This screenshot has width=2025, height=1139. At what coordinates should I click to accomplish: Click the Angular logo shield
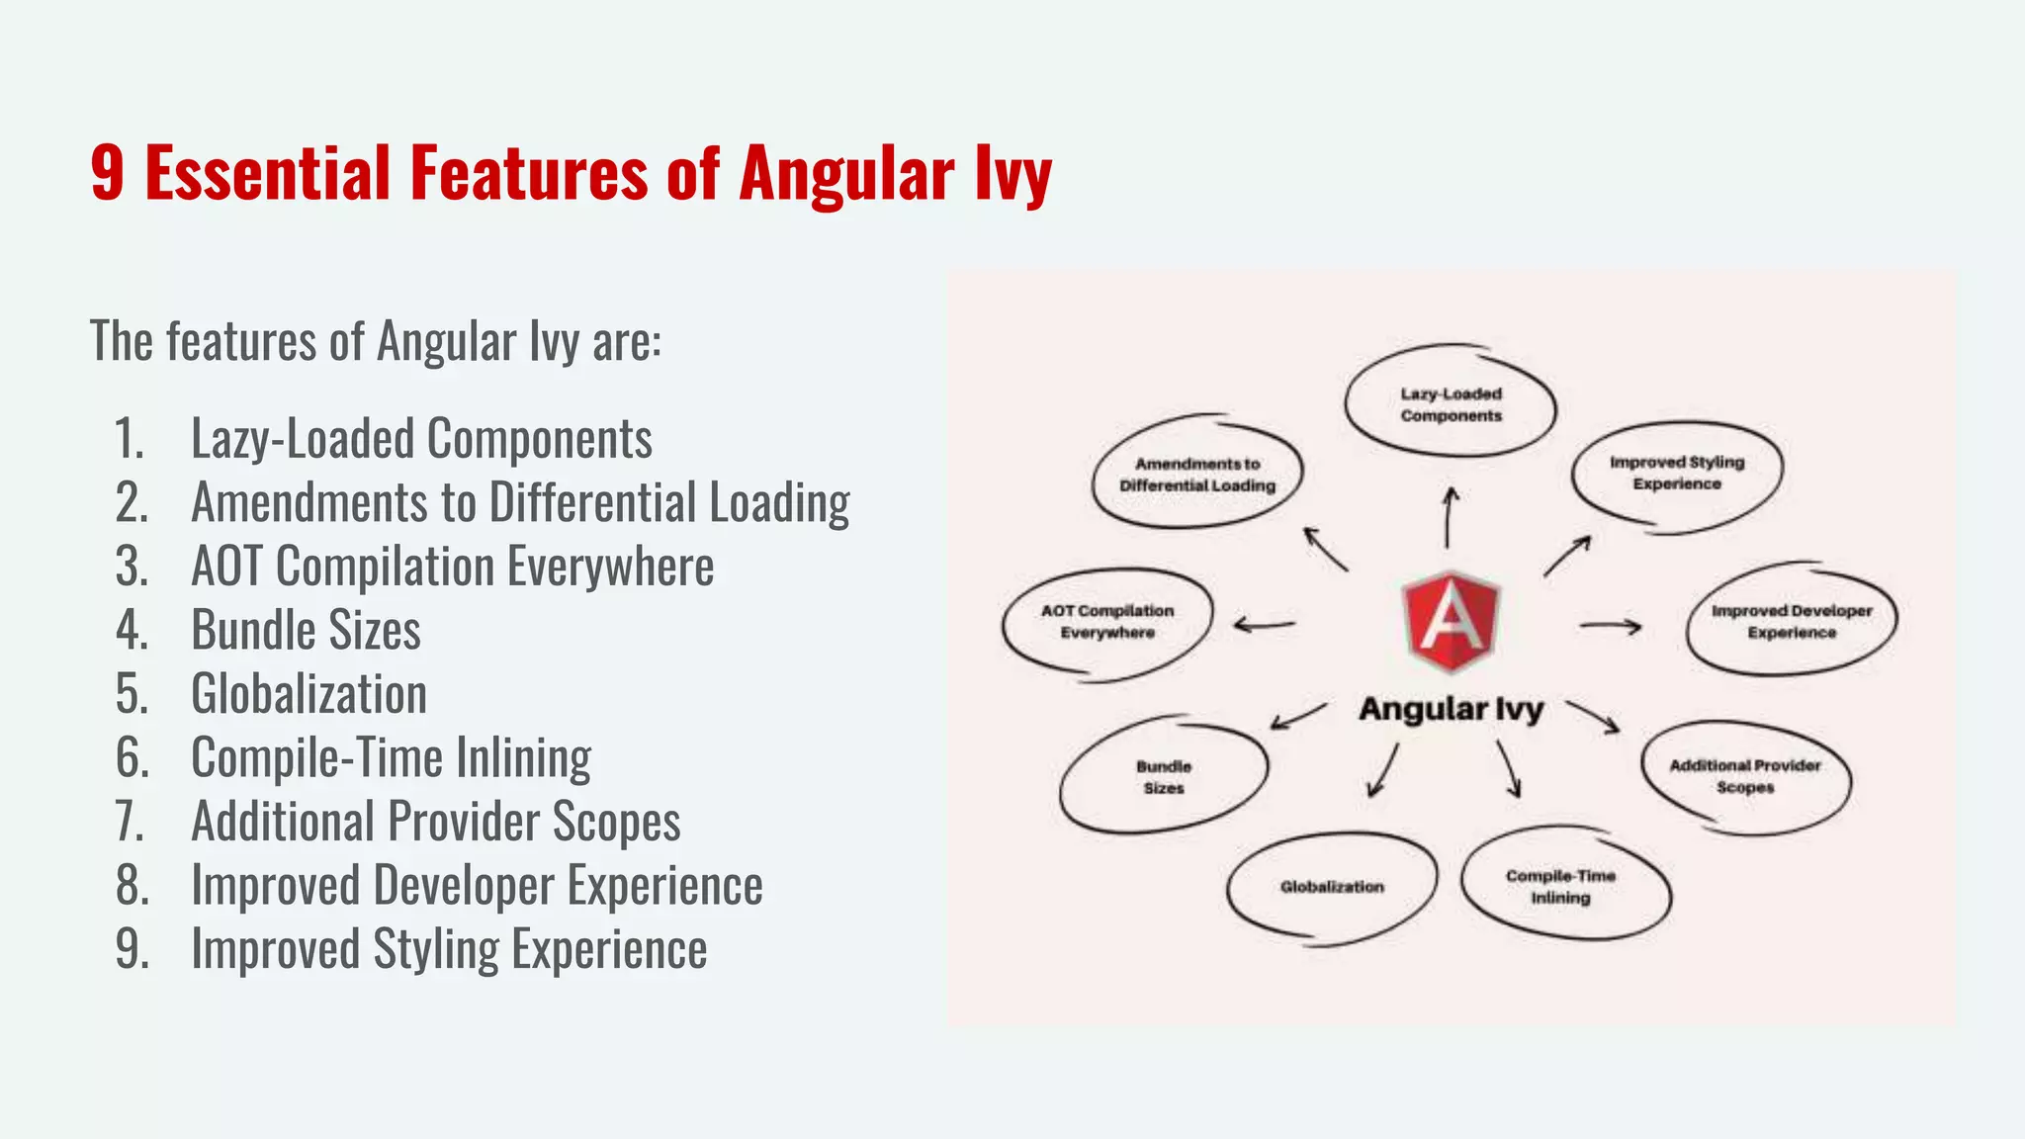[x=1451, y=622]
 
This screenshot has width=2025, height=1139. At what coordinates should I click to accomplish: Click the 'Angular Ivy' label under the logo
[x=1451, y=709]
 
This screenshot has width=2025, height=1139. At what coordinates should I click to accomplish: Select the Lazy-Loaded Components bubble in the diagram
[x=1451, y=404]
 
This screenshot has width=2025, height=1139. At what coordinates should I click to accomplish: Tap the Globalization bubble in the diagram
[x=1332, y=887]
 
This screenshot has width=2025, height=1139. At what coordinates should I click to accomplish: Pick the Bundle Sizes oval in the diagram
[x=1164, y=777]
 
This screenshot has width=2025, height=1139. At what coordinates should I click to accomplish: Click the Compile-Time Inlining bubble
[x=1561, y=886]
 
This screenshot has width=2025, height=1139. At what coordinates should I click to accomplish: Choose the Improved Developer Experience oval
[x=1792, y=622]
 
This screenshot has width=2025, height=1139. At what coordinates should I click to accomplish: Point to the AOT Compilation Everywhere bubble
[x=1107, y=622]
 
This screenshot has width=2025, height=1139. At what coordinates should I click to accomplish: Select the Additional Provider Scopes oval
[x=1745, y=776]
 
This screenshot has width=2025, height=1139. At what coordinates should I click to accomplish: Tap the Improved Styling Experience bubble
[x=1677, y=473]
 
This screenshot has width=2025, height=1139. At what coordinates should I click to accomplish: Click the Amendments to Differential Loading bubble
[x=1197, y=475]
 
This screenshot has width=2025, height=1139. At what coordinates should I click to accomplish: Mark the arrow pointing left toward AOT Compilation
[x=1265, y=625]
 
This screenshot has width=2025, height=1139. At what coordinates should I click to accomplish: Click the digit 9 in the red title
[x=108, y=174]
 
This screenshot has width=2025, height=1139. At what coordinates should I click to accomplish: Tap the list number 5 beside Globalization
[x=132, y=694]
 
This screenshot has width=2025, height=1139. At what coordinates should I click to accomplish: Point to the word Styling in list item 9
[x=436, y=949]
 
